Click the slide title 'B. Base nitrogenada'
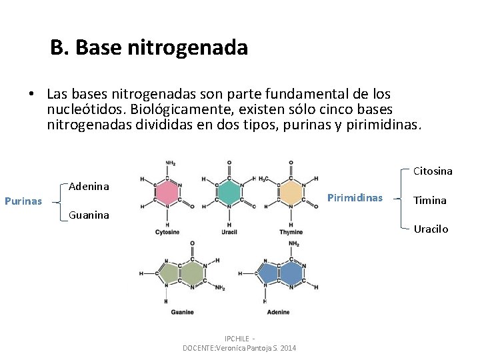149,48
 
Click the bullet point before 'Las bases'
31,94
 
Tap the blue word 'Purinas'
23,201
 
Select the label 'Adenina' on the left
89,186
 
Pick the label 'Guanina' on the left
89,215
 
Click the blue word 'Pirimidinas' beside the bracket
354,198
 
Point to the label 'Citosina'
433,171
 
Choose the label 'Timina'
430,200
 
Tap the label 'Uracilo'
431,229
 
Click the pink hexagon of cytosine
167,192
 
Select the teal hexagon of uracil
229,192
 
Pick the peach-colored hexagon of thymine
291,192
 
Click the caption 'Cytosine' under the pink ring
167,232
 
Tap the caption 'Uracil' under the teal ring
229,232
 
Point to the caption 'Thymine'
291,232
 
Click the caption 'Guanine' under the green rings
182,311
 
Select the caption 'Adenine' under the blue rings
278,311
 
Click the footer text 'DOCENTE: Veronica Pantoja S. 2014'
240,348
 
